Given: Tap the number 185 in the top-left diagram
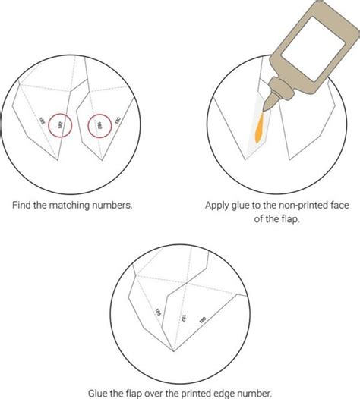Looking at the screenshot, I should click(x=42, y=121).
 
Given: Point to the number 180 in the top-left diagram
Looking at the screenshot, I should click(x=118, y=119).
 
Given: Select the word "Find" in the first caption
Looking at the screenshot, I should click(x=23, y=204).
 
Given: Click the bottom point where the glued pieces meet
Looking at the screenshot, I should click(x=172, y=350).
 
